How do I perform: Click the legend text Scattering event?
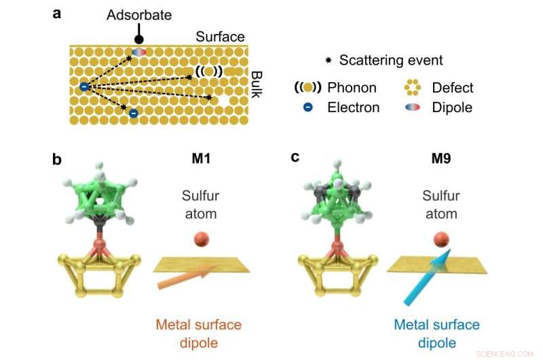(390, 60)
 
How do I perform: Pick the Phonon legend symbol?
(307, 88)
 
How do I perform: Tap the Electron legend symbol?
(307, 107)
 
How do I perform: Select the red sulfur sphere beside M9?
(441, 238)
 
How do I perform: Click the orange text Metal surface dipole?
(200, 334)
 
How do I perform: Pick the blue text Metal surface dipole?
(437, 333)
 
